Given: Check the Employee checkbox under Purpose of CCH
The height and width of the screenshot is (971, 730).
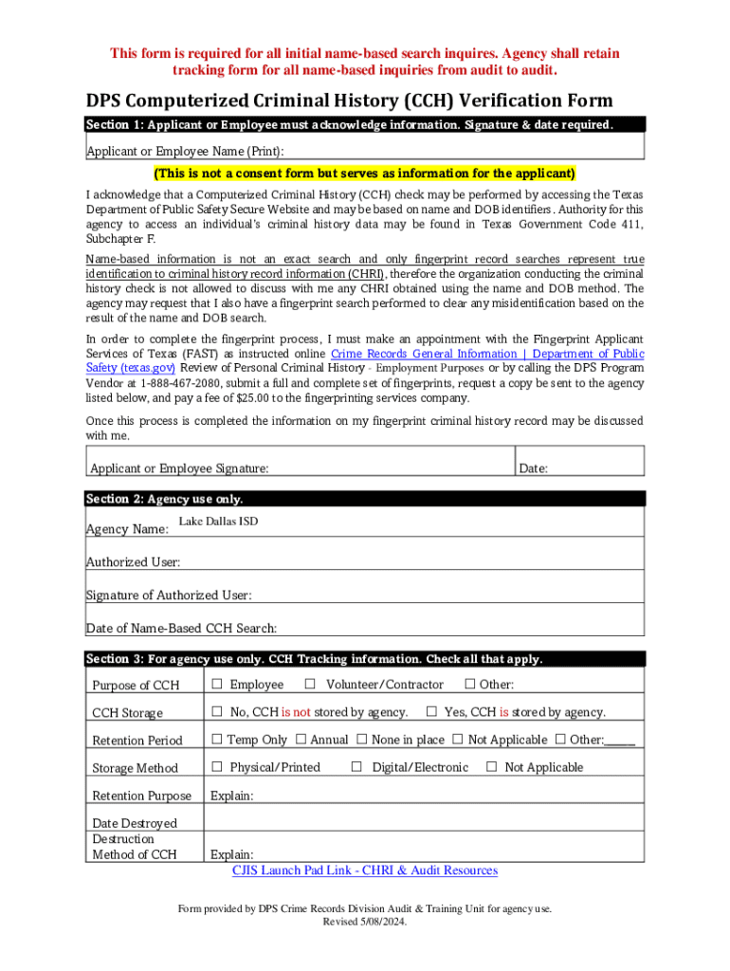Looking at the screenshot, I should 217,685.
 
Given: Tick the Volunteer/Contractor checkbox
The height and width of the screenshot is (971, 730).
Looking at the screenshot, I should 310,685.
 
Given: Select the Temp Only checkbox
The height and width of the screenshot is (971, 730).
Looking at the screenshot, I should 217,740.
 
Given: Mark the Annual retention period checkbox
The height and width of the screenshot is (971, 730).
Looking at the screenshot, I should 301,740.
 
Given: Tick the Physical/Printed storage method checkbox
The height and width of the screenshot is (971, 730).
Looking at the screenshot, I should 217,767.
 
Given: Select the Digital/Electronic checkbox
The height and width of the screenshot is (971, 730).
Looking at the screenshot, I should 356,767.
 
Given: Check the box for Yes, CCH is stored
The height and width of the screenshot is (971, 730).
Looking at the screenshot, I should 431,712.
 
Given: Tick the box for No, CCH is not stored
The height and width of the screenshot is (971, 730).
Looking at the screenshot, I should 217,712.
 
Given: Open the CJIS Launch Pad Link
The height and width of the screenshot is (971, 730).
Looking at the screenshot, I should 365,870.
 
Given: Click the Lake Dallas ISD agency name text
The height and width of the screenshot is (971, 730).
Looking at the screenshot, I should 218,522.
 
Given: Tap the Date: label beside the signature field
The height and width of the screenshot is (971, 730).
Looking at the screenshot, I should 533,468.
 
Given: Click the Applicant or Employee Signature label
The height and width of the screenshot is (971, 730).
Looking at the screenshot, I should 178,468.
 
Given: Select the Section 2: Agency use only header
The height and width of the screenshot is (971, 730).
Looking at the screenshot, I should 164,499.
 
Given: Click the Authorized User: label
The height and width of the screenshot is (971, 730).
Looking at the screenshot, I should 133,562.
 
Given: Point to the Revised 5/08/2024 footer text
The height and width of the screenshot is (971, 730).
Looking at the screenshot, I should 365,922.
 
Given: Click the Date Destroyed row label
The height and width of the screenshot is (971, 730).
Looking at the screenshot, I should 134,823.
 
